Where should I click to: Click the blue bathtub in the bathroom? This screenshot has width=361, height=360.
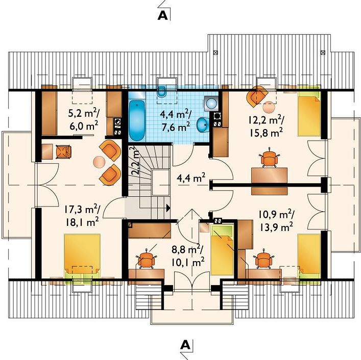click(137, 120)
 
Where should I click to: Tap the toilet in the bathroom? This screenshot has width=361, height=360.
click(162, 91)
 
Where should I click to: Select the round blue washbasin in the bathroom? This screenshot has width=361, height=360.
click(203, 124)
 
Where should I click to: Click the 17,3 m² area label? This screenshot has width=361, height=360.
click(82, 210)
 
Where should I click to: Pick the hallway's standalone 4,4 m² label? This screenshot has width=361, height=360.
click(191, 178)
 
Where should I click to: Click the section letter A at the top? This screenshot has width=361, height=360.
click(162, 15)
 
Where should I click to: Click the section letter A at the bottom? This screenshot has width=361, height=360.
click(185, 345)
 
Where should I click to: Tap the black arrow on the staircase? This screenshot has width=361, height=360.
click(169, 208)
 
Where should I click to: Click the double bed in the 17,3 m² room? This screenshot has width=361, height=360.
click(82, 256)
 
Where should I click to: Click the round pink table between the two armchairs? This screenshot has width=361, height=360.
click(99, 162)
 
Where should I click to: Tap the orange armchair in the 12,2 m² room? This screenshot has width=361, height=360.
click(257, 96)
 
